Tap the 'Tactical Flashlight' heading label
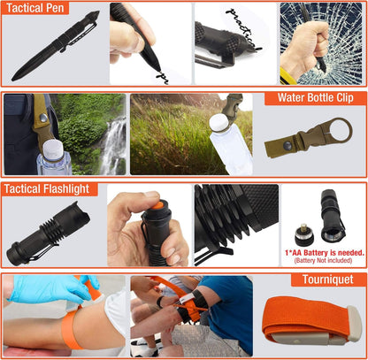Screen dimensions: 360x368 tap(47, 188)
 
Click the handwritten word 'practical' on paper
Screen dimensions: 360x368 tap(241, 19)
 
